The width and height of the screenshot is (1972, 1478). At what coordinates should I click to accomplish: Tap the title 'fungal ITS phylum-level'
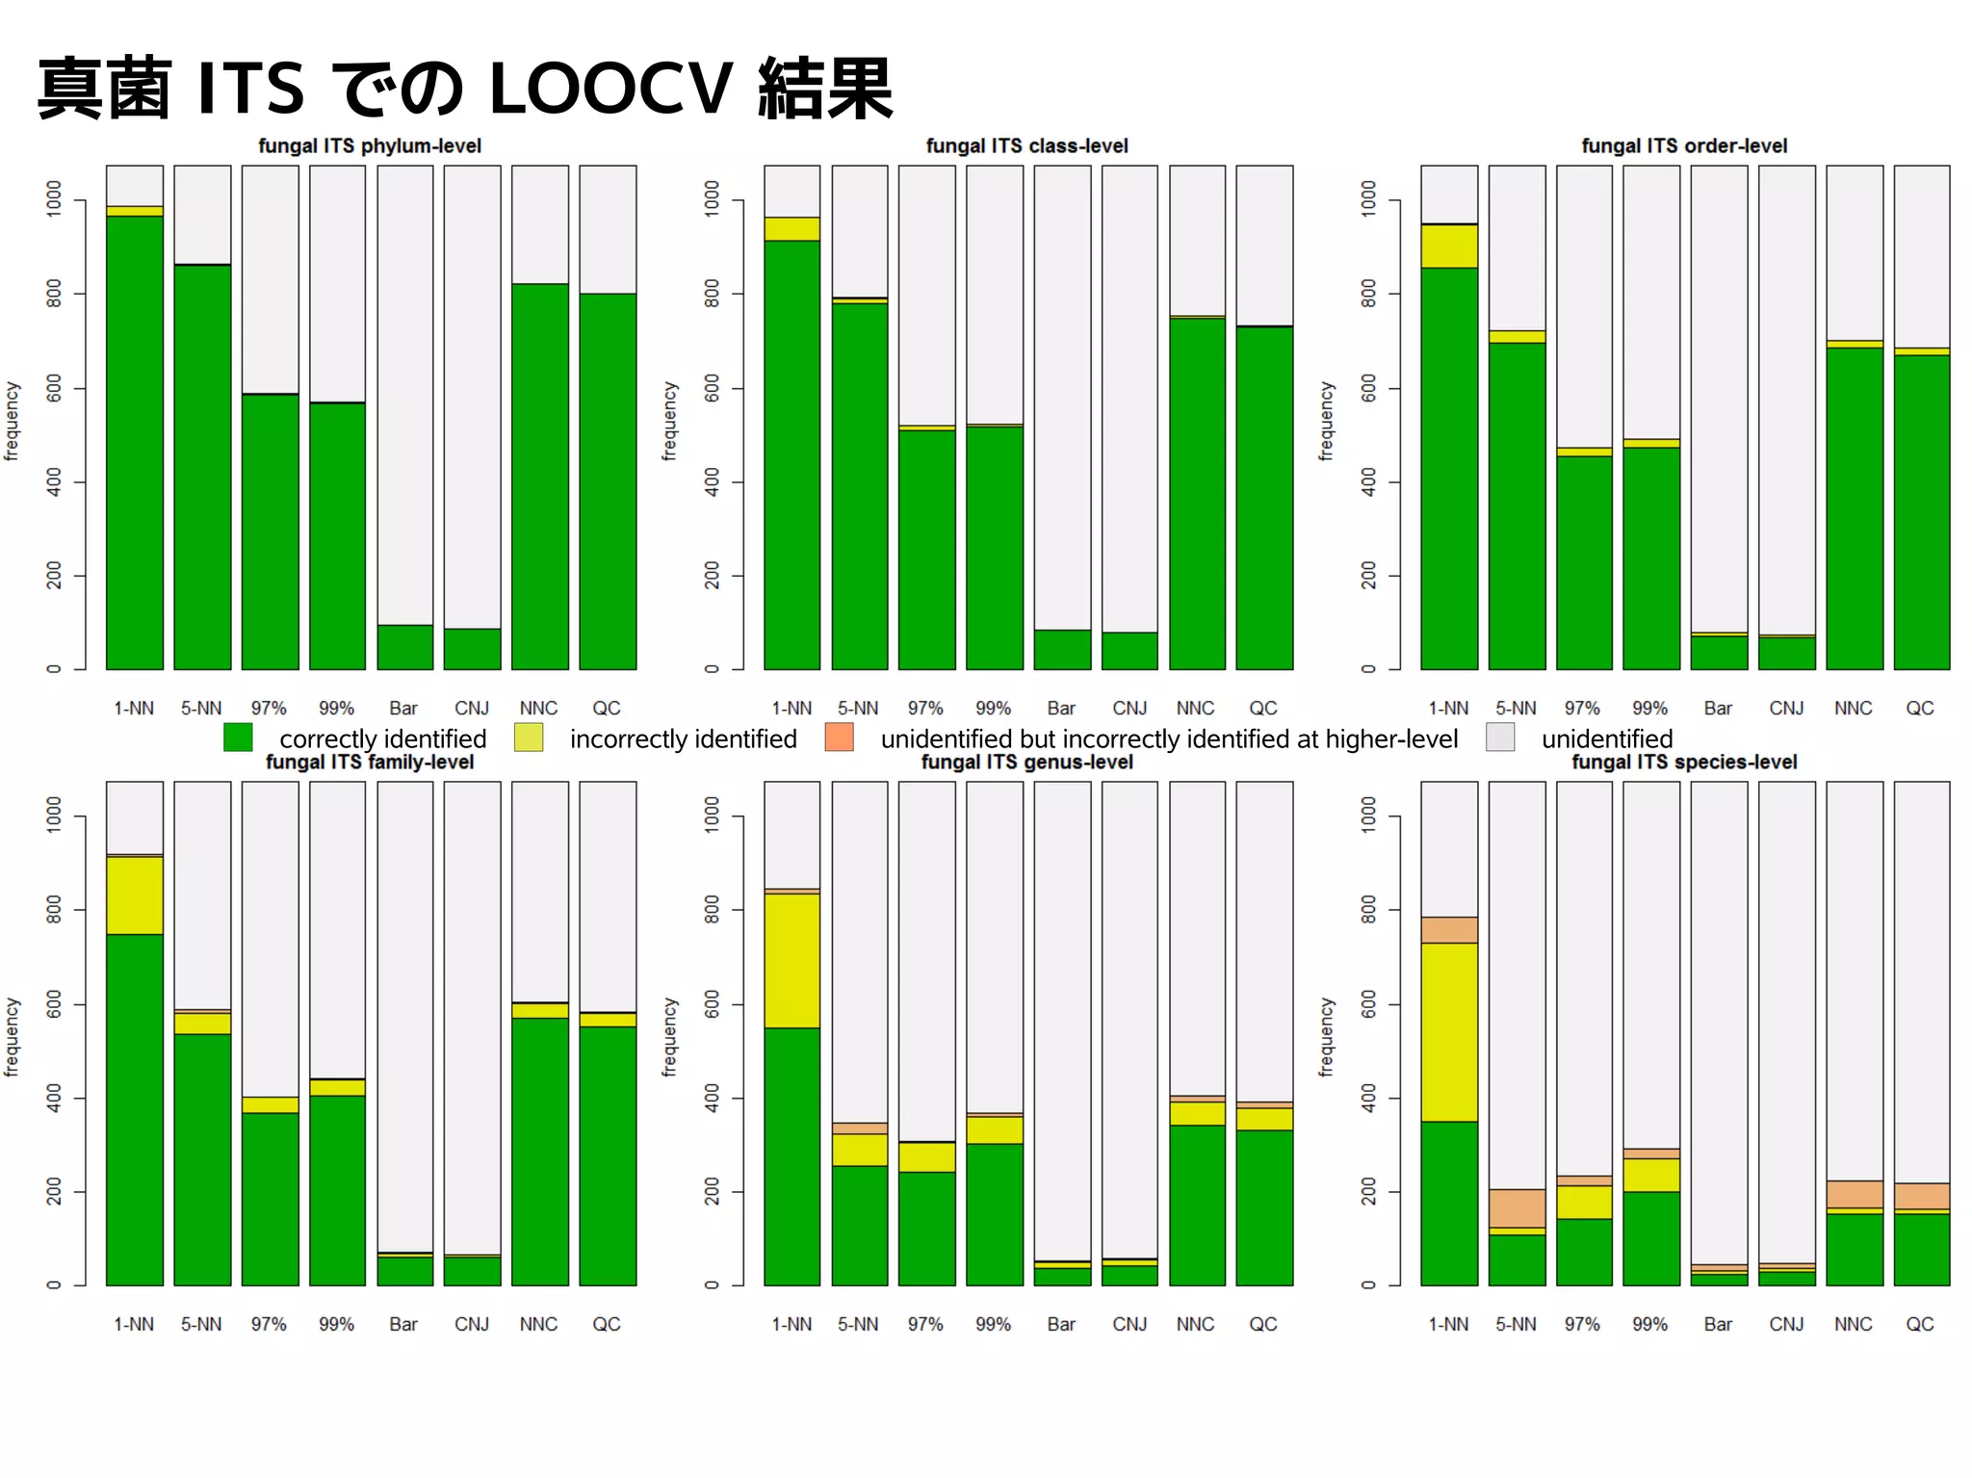[x=369, y=145]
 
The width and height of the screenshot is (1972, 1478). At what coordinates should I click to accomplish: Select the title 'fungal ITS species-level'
[x=1684, y=762]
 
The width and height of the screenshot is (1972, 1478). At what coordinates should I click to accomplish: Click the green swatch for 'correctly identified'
[x=238, y=738]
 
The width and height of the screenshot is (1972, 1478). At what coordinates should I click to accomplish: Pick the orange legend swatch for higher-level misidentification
[x=839, y=738]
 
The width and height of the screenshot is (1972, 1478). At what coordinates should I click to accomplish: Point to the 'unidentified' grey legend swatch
[x=1500, y=738]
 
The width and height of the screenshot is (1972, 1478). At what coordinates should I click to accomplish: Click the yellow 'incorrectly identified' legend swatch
[x=529, y=738]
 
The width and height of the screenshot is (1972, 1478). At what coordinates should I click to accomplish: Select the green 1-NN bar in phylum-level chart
[x=135, y=443]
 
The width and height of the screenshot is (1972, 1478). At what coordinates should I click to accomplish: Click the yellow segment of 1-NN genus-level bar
[x=791, y=960]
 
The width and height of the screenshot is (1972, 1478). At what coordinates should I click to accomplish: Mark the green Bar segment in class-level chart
[x=1062, y=649]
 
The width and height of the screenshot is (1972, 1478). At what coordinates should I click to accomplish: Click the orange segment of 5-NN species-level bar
[x=1517, y=1207]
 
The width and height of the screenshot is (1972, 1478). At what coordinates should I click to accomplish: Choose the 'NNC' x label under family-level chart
[x=538, y=1324]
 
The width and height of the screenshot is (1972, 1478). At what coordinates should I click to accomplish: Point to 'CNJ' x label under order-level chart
[x=1785, y=708]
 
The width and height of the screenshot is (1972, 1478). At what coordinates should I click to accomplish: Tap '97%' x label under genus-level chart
[x=925, y=1324]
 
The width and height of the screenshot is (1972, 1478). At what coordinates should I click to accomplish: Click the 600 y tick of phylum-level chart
[x=54, y=388]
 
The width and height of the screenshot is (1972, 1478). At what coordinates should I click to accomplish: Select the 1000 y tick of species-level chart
[x=1368, y=815]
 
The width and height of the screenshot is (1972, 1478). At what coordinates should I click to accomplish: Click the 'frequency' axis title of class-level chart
[x=669, y=421]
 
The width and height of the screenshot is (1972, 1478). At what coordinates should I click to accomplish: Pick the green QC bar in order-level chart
[x=1921, y=510]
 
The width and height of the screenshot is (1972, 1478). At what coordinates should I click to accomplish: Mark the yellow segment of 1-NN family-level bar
[x=135, y=895]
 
